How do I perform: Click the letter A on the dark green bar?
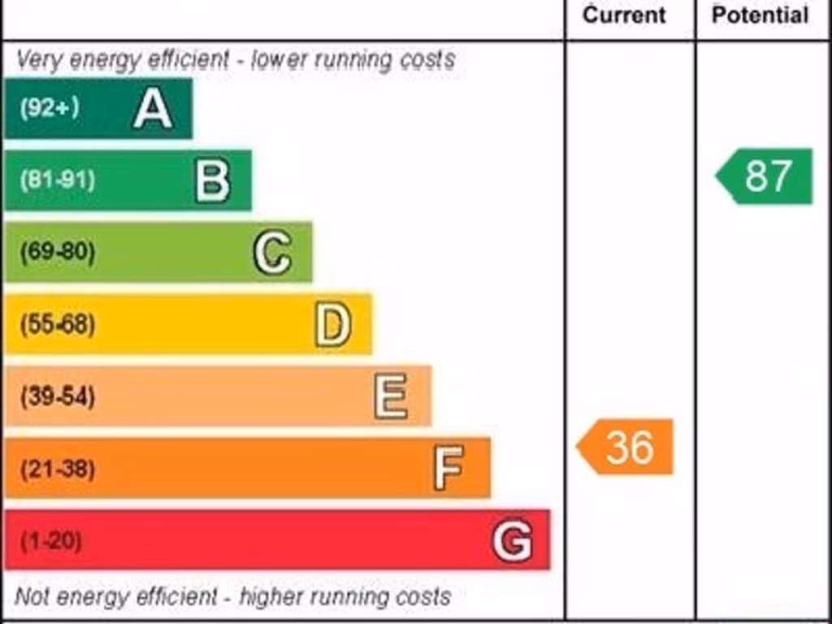(x=153, y=109)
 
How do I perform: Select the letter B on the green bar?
(x=213, y=180)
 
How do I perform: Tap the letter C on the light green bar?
(x=272, y=253)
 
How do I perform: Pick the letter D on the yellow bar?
(x=333, y=324)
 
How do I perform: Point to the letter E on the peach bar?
(x=392, y=396)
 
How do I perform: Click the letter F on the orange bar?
(x=448, y=468)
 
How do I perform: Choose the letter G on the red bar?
(x=513, y=540)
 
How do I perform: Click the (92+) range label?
(x=50, y=108)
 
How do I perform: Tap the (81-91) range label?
(x=57, y=180)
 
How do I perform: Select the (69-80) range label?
(x=57, y=253)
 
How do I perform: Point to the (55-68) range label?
(x=57, y=325)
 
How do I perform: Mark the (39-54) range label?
(x=57, y=396)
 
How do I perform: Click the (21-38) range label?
(x=57, y=469)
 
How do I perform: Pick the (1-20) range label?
(x=50, y=541)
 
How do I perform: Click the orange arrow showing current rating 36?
(x=626, y=447)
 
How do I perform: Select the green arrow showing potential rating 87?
(x=765, y=176)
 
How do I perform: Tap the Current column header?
(x=624, y=15)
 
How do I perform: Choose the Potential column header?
(x=760, y=15)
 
